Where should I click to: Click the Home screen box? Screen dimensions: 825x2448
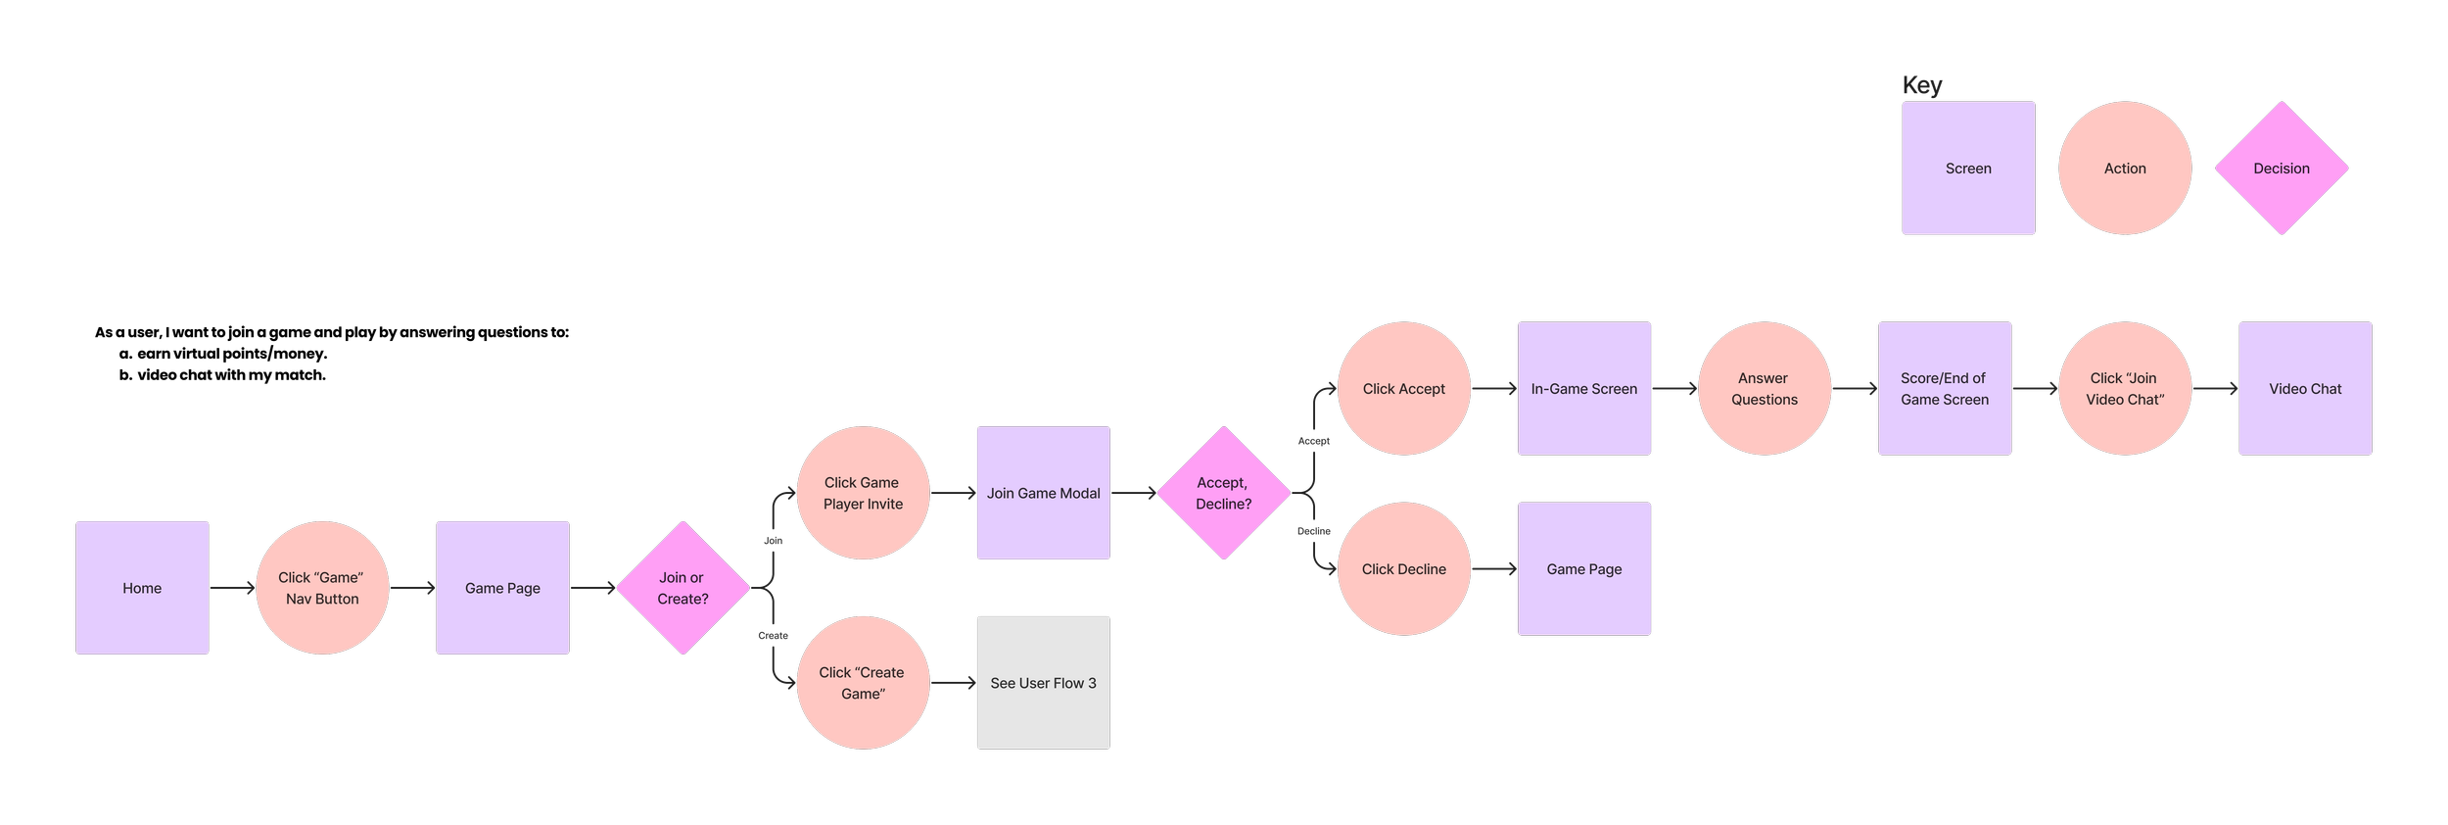(142, 588)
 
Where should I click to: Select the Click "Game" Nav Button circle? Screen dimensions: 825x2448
(322, 588)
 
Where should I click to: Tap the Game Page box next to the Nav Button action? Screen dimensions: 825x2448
(502, 588)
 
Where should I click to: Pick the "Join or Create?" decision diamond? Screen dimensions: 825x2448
(683, 589)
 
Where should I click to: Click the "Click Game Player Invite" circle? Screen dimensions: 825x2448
(863, 493)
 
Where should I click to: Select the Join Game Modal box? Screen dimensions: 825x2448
(1044, 493)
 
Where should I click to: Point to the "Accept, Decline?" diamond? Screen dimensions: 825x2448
(1224, 493)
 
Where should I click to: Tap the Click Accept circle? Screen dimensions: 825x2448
(1404, 389)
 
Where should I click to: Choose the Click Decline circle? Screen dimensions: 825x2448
(1404, 569)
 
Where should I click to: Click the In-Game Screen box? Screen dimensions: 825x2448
(1584, 389)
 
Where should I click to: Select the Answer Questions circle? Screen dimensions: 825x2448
(1765, 389)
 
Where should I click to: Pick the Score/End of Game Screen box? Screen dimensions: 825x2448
(1945, 389)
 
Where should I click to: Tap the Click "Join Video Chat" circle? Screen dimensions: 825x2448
(2125, 389)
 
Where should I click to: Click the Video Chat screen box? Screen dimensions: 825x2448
(2305, 389)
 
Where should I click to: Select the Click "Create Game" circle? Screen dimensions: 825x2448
(863, 683)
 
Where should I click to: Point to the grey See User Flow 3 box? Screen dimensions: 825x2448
(1044, 683)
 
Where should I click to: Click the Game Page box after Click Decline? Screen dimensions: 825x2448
(1584, 569)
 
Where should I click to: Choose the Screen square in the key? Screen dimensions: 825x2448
(1968, 169)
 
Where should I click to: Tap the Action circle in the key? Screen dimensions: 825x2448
(2125, 169)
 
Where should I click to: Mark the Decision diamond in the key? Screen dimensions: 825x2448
(2282, 169)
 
